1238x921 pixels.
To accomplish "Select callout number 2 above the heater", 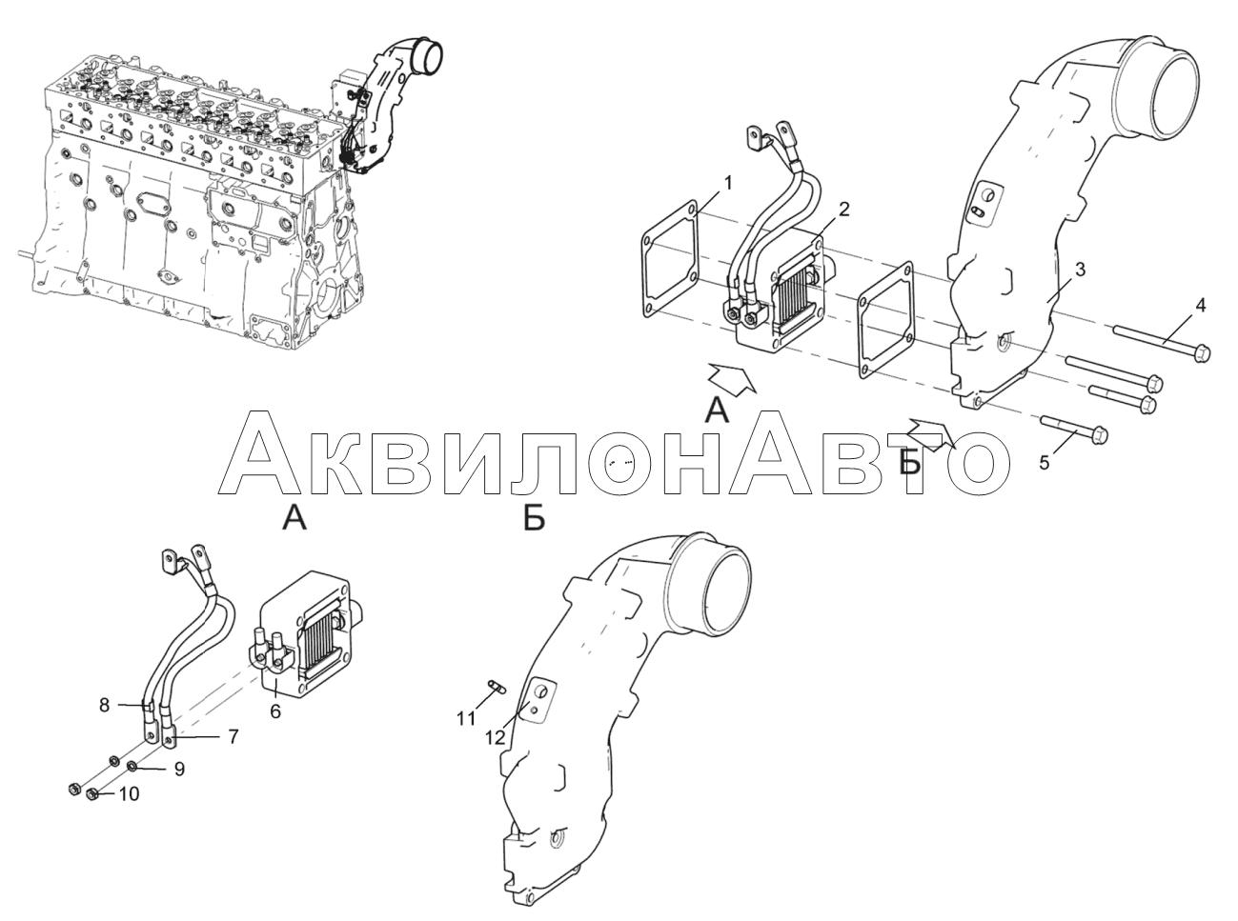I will (x=844, y=209).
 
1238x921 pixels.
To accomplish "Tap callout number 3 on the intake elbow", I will (x=1079, y=270).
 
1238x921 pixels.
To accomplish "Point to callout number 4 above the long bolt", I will (x=1200, y=306).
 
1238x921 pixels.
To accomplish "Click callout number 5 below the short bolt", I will (x=1044, y=463).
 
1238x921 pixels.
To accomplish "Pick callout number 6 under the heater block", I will (x=274, y=711).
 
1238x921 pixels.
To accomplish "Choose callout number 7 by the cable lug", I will (x=232, y=736).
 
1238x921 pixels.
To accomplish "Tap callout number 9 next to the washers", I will (x=178, y=770).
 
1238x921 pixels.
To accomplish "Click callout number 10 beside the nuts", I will (x=128, y=793).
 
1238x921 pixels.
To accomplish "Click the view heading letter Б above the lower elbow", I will (x=534, y=519).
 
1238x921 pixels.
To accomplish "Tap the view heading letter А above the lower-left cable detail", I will (x=295, y=519).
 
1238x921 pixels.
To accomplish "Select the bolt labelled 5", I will (x=1077, y=430).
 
